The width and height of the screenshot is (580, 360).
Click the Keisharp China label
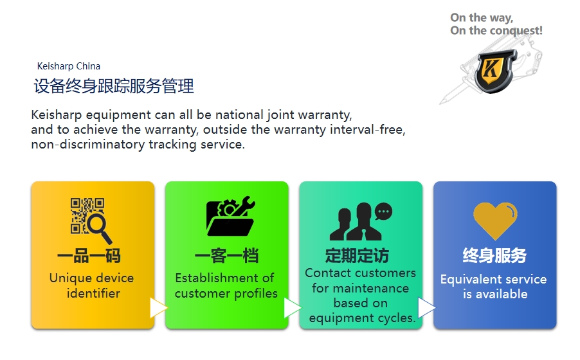[68, 66]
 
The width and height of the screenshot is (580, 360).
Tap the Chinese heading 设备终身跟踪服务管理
[114, 86]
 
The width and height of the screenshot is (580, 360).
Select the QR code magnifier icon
[91, 221]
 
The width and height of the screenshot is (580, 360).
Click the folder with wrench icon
[230, 216]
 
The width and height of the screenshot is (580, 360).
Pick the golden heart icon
[495, 221]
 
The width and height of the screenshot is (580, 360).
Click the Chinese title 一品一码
[89, 256]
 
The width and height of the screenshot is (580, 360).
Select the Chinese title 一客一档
[226, 256]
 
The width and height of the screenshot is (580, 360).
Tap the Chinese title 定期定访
[357, 256]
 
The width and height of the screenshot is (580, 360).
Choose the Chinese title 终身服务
[494, 255]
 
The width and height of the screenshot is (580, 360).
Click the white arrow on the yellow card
[158, 308]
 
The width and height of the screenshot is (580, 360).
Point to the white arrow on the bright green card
[292, 308]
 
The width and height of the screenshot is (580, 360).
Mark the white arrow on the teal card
[426, 308]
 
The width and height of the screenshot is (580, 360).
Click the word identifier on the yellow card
[94, 293]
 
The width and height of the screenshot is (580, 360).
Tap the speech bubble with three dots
[384, 212]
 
